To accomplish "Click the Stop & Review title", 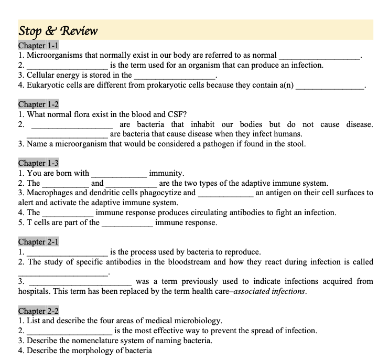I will [58, 30].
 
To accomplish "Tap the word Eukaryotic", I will [45, 85].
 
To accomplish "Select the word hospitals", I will [36, 291].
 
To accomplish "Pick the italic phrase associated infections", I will [273, 291].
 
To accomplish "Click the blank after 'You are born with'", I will [119, 174].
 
